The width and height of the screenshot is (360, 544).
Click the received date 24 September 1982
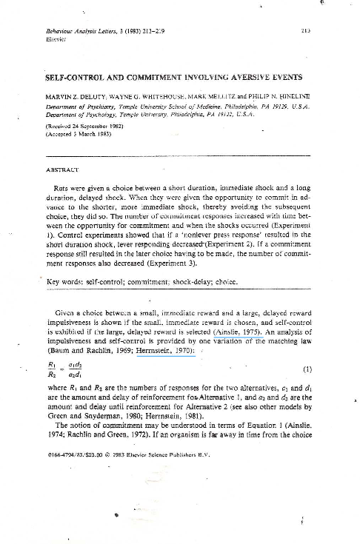pos(90,126)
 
